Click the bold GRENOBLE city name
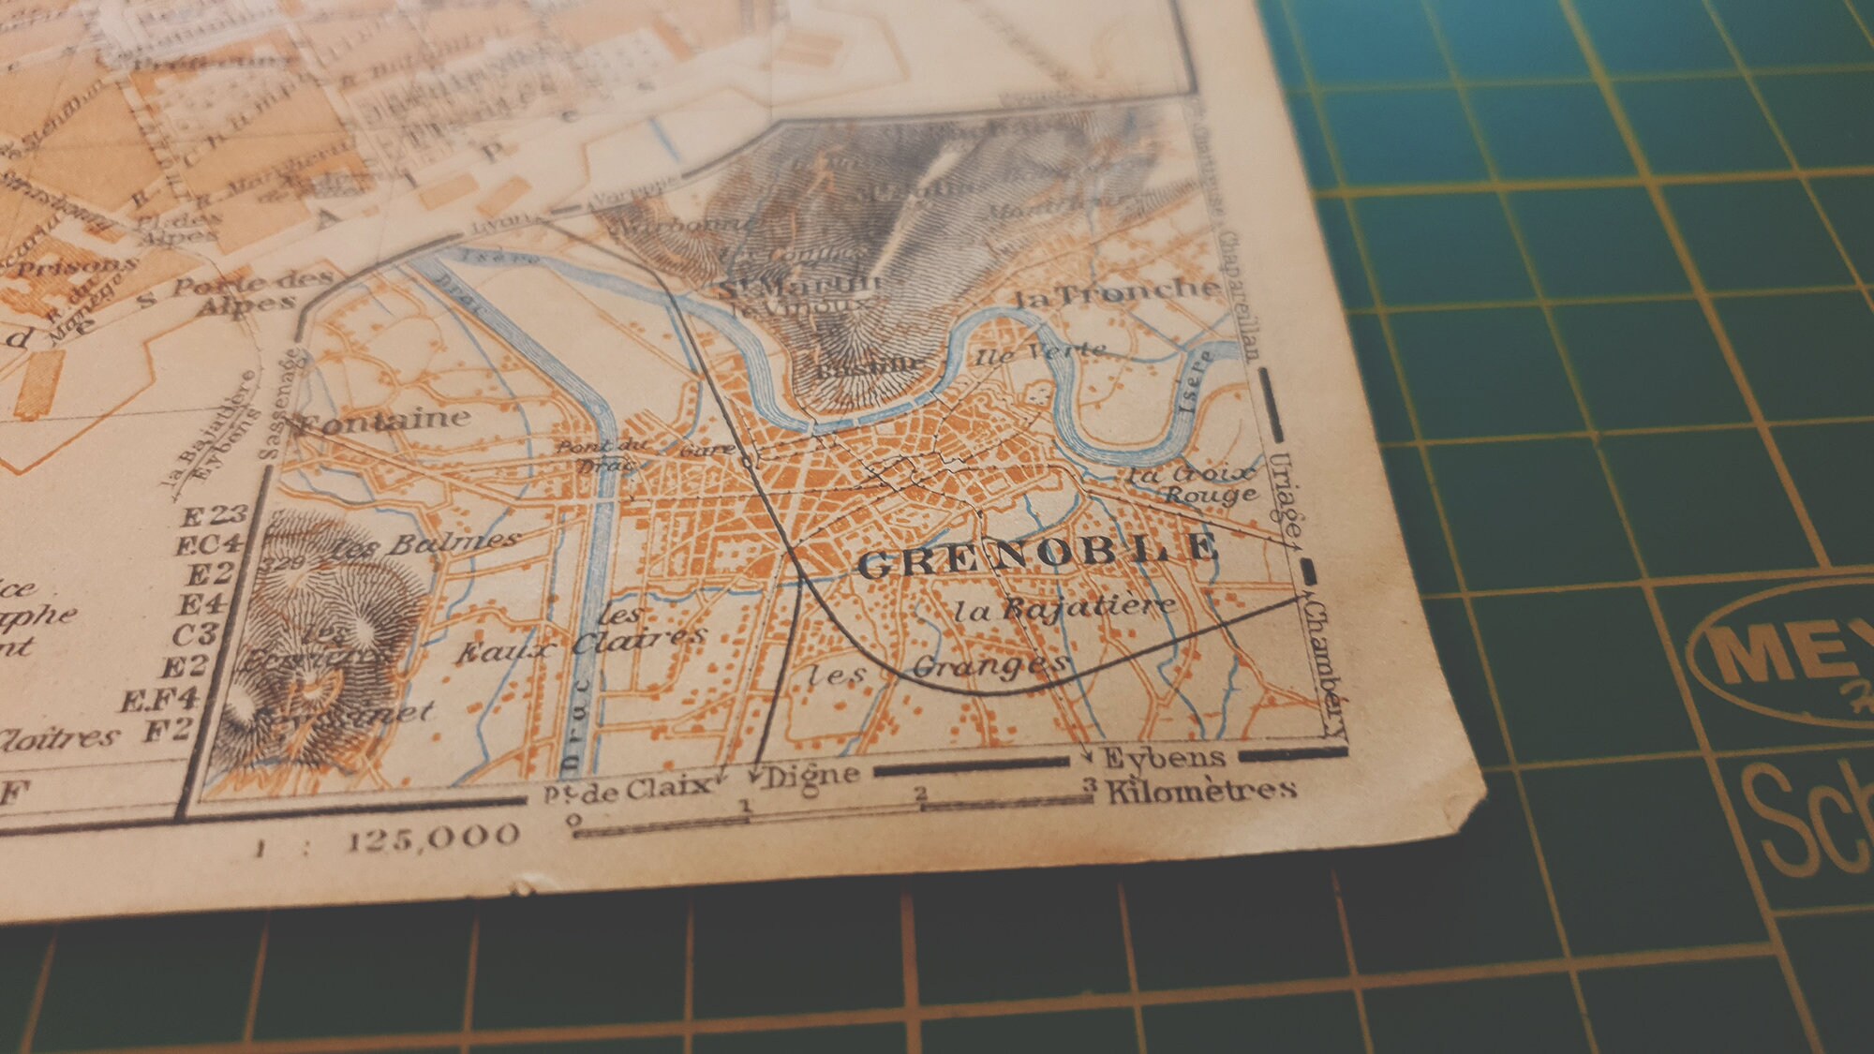(x=1039, y=558)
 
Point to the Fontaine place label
(x=384, y=422)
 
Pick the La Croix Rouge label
(x=1193, y=483)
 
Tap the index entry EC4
(x=210, y=544)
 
